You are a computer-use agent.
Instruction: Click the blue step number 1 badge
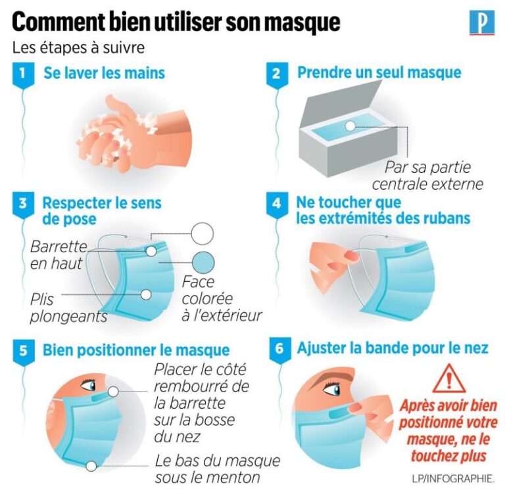(23, 76)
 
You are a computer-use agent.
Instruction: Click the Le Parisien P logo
(482, 22)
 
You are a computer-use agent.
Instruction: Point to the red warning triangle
(449, 380)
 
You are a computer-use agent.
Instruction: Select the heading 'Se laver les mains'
(105, 73)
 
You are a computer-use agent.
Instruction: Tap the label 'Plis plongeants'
(68, 308)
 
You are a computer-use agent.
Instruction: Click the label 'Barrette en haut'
(59, 255)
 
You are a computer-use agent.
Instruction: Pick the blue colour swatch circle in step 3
(203, 263)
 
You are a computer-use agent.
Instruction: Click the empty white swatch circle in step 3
(203, 234)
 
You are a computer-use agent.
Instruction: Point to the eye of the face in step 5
(89, 384)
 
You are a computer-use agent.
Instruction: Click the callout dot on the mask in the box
(350, 126)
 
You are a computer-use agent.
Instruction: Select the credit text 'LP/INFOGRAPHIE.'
(453, 478)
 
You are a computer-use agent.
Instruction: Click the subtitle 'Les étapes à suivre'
(78, 48)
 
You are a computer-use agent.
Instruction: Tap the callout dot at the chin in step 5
(91, 466)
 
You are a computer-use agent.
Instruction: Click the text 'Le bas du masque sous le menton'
(218, 469)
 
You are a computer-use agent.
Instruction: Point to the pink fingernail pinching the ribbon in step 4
(352, 256)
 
